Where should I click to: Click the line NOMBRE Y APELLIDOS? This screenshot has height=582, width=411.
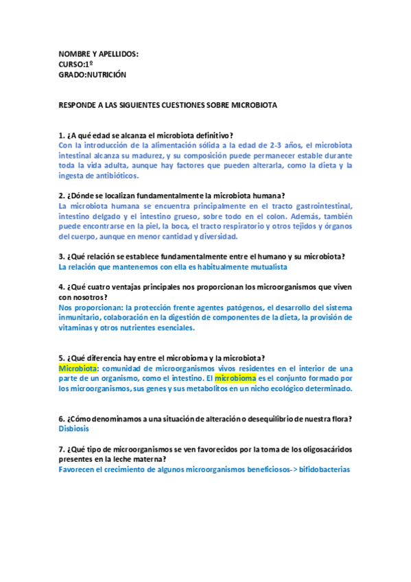click(99, 54)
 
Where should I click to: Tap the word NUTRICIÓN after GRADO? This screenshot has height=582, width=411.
click(106, 74)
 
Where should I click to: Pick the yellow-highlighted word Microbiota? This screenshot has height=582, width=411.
click(78, 369)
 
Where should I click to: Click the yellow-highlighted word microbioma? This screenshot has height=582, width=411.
click(235, 378)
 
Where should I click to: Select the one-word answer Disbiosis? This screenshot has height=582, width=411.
click(74, 429)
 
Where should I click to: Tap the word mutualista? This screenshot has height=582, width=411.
click(266, 267)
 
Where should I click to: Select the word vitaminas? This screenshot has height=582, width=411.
click(78, 327)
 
